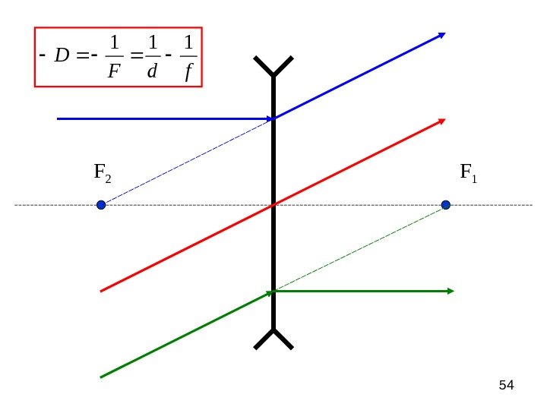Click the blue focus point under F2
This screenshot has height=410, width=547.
(101, 204)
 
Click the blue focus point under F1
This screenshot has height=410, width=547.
(446, 204)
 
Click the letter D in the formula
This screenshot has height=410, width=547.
(62, 56)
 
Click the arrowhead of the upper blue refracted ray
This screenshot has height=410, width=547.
(441, 35)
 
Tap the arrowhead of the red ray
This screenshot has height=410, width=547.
(441, 121)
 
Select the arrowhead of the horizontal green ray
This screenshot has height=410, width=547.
(451, 291)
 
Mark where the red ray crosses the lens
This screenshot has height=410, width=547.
(273, 205)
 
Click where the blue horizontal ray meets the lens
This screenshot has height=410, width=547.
(273, 119)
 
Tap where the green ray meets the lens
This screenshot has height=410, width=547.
(273, 291)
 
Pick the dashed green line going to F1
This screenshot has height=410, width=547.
(360, 248)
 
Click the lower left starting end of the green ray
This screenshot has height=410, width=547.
(102, 376)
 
